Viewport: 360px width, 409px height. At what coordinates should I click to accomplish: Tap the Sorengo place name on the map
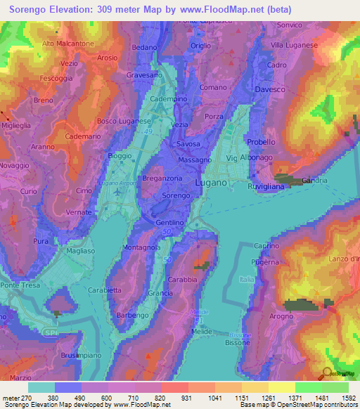pos(176,195)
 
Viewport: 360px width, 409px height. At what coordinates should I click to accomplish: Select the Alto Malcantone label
pos(67,44)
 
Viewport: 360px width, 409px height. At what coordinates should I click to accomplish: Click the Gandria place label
pos(314,181)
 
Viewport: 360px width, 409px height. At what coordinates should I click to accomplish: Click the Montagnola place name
pos(141,247)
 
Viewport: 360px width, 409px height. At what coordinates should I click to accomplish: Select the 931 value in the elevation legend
pos(186,396)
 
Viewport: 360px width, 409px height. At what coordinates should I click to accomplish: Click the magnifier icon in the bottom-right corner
pos(327,373)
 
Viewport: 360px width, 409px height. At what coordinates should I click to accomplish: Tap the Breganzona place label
pos(163,178)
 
